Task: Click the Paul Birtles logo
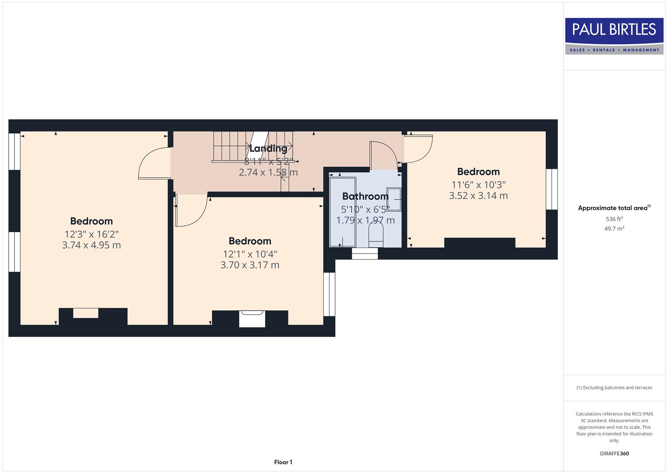[614, 35]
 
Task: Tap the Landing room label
[268, 148]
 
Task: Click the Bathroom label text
[365, 196]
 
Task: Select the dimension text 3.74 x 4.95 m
[91, 245]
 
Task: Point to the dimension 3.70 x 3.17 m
[250, 265]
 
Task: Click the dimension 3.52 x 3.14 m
[478, 196]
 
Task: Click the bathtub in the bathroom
[343, 212]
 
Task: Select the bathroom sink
[394, 200]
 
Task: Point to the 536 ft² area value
[614, 219]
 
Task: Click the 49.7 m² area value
[614, 229]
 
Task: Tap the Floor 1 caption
[283, 462]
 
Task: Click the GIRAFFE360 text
[614, 454]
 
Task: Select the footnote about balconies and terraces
[614, 388]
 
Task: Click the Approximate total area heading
[614, 208]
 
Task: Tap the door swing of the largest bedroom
[153, 164]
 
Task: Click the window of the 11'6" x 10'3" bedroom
[552, 189]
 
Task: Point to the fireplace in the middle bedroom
[252, 318]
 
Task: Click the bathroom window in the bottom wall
[365, 254]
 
